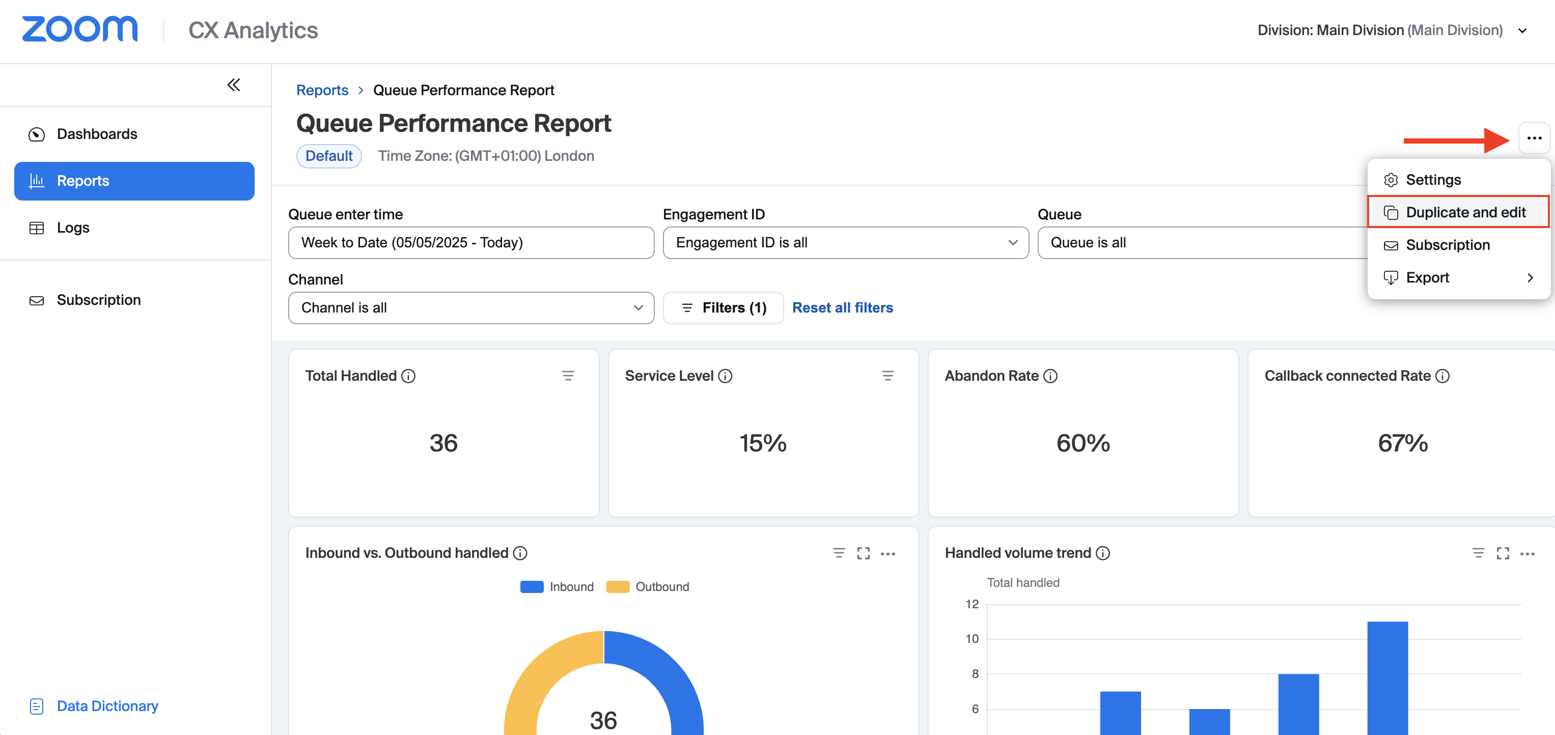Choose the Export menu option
pos(1427,277)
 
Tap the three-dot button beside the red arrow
pos(1534,138)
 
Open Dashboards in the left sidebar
pos(97,134)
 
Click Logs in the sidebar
pos(73,228)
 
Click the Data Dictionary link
pos(107,705)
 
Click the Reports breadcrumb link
pos(322,90)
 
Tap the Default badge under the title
pos(328,156)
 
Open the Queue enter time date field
pos(471,243)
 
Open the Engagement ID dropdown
pos(845,243)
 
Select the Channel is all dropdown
pos(471,308)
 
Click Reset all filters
pos(842,308)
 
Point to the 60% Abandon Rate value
pos(1082,443)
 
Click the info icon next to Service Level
pos(725,376)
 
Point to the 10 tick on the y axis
pos(972,638)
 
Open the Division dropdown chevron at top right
pos(1522,31)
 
